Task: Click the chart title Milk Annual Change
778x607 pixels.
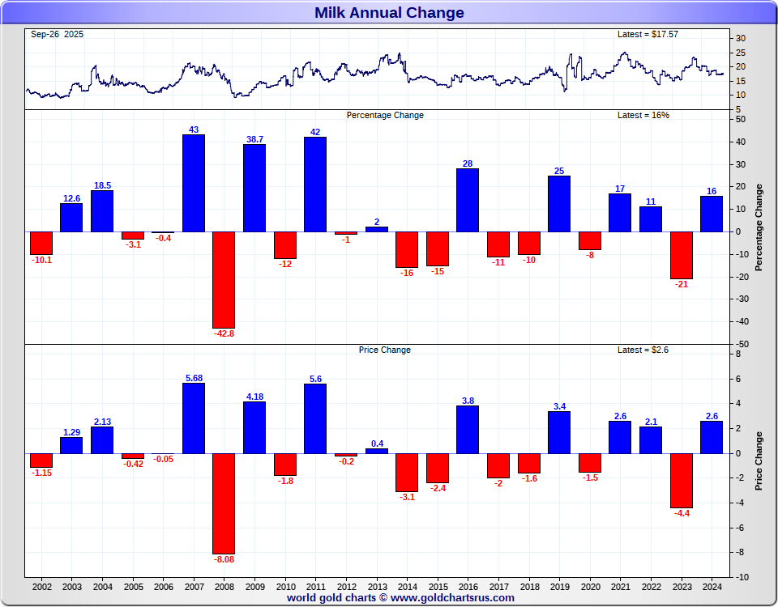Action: [389, 13]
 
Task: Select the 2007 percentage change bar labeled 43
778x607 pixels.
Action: [193, 183]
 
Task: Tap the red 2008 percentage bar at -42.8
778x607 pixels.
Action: [224, 279]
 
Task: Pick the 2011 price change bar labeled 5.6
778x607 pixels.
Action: [315, 418]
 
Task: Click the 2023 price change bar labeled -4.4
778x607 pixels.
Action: [682, 481]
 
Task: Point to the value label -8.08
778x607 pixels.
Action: [224, 559]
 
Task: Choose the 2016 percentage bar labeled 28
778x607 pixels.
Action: [468, 200]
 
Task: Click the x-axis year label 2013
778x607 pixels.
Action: [376, 587]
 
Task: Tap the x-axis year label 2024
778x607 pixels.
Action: [712, 587]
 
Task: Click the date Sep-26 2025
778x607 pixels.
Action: [57, 34]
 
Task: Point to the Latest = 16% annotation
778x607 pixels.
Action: [643, 115]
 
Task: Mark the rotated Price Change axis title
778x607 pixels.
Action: [759, 461]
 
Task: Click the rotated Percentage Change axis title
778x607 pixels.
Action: [759, 227]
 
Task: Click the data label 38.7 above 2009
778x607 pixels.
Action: [254, 139]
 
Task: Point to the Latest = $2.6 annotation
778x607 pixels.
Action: [643, 350]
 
